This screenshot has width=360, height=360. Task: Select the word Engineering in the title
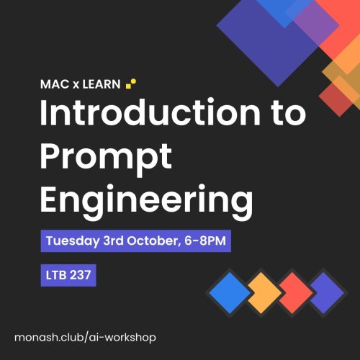click(146, 197)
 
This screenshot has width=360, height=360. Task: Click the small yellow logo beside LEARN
click(131, 83)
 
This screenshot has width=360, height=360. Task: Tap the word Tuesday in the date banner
click(71, 240)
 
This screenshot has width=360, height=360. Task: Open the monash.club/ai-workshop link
click(84, 337)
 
